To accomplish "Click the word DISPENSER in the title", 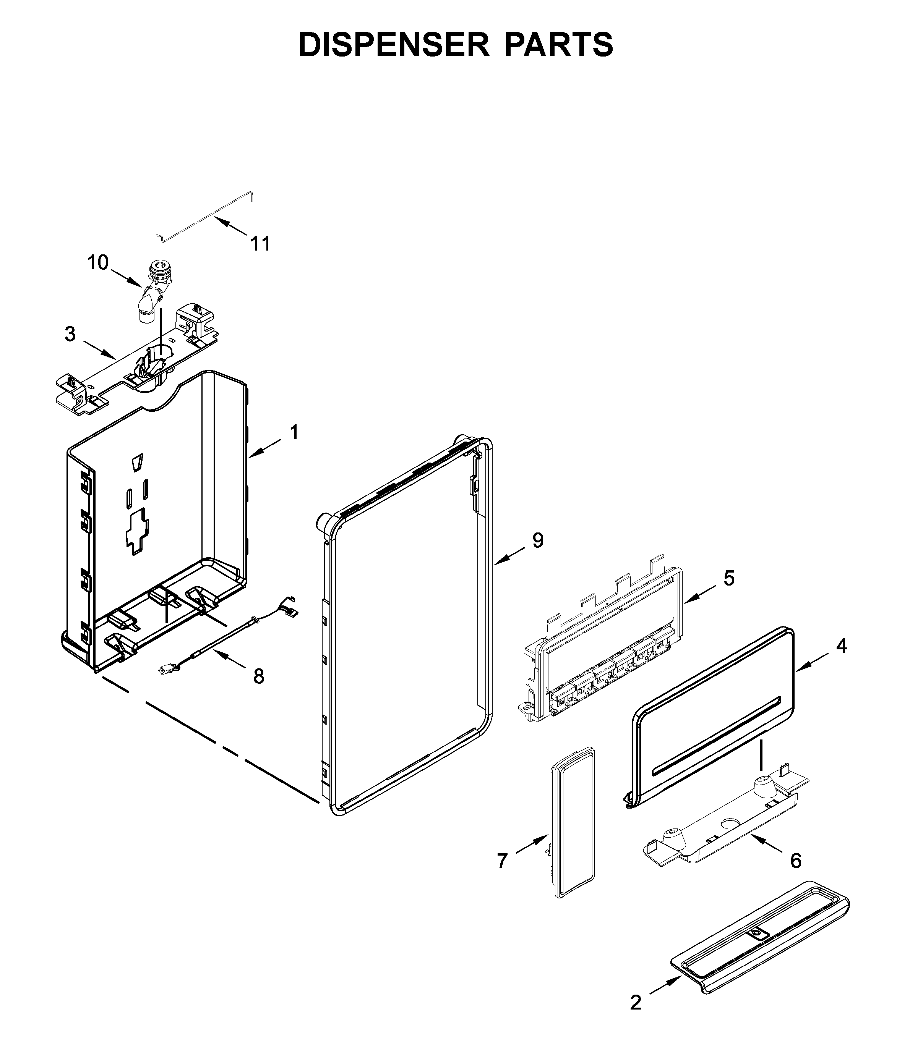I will pyautogui.click(x=394, y=45).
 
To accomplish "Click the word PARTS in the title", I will pyautogui.click(x=559, y=45).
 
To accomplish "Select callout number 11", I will pyautogui.click(x=260, y=244).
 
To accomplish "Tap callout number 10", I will pyautogui.click(x=98, y=263).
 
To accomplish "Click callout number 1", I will pyautogui.click(x=294, y=432).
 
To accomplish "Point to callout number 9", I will pyautogui.click(x=537, y=540).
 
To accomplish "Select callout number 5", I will pyautogui.click(x=729, y=578).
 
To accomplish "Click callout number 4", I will pyautogui.click(x=841, y=646).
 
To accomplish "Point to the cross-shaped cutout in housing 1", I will pyautogui.click(x=137, y=531).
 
